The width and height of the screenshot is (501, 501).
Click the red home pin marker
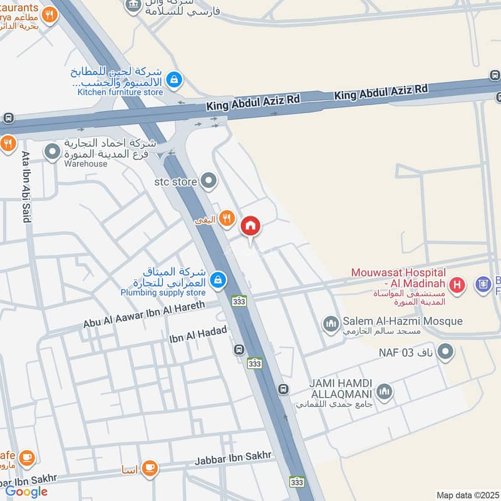coord(250,226)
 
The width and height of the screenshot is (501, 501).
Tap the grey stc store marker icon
coord(210,182)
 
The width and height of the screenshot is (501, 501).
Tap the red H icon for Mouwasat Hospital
coord(458,286)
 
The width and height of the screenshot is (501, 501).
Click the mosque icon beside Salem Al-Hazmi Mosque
coord(331,324)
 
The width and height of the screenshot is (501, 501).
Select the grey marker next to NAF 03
coord(445,353)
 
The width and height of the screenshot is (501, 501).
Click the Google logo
coord(27,492)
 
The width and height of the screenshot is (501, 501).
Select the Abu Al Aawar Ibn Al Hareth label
coord(153,315)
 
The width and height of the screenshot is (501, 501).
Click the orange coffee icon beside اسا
coord(149,468)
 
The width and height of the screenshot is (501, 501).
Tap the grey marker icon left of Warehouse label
coord(53,151)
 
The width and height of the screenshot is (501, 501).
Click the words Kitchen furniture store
coord(120,92)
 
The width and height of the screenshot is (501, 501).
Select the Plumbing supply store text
coord(163,292)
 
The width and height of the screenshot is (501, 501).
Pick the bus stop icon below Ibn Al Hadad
coord(239,349)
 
